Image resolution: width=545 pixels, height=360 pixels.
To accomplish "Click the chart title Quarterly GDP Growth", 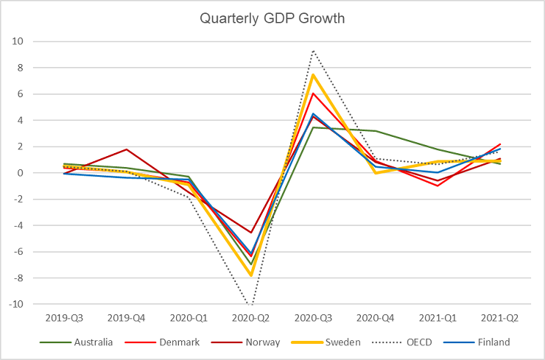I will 272,18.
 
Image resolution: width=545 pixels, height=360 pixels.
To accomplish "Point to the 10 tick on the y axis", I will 18,42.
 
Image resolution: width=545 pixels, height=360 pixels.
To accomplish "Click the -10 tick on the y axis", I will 16,304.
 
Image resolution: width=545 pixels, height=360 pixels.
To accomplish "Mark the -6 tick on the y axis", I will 18,252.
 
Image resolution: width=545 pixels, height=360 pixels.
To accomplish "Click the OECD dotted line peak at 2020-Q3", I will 314,50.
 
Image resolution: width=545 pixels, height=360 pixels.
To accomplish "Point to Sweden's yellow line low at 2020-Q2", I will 251,275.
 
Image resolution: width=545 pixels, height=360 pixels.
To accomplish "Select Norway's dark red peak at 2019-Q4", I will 126,149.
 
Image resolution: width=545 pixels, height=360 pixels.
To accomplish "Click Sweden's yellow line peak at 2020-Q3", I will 314,74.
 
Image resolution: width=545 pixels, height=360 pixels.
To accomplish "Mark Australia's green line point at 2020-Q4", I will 376,131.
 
